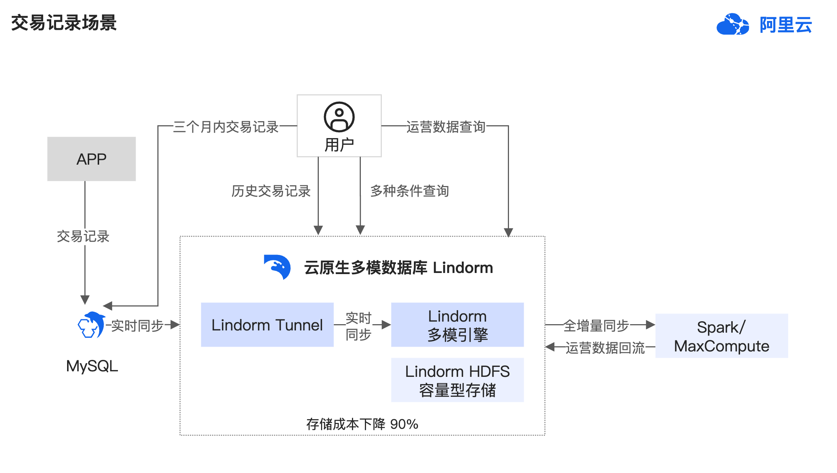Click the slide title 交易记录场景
64,23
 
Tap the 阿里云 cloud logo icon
732,24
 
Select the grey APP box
91,159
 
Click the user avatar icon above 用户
339,117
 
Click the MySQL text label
92,366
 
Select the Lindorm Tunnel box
267,325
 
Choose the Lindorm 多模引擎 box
457,325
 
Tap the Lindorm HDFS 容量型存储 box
457,380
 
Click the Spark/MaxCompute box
722,336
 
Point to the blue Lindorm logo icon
277,267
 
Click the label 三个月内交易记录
226,127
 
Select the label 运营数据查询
446,127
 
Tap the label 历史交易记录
271,191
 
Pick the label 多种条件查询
409,191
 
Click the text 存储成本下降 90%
362,424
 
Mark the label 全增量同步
596,326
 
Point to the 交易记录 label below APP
83,236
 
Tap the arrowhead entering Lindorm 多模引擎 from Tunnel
386,325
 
